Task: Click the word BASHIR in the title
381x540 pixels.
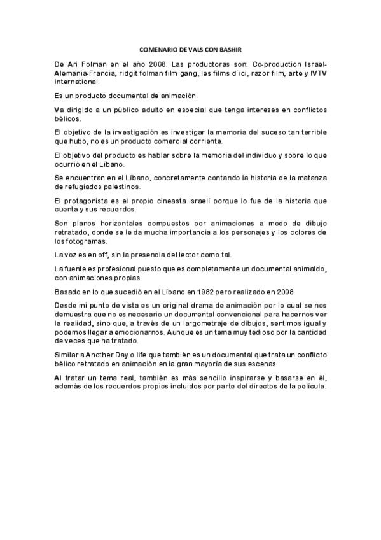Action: point(232,49)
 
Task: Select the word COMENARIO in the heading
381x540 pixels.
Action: point(157,49)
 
